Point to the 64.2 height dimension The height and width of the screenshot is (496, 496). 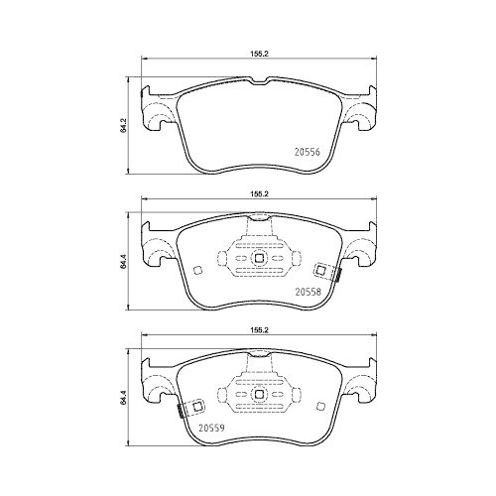[124, 126]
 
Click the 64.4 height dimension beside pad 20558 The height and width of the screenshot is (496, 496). [124, 263]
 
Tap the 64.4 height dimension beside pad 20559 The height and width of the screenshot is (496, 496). [124, 400]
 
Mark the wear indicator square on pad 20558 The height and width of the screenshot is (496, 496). [320, 270]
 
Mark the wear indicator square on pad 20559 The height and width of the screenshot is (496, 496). [194, 404]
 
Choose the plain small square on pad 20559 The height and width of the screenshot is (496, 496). [319, 404]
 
